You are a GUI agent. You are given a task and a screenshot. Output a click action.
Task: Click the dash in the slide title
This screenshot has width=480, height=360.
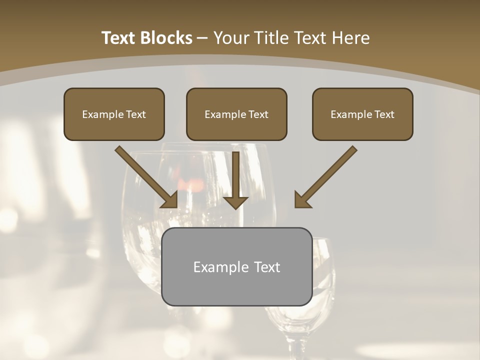(x=202, y=38)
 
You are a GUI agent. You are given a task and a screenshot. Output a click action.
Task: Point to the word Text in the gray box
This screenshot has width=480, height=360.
(x=267, y=267)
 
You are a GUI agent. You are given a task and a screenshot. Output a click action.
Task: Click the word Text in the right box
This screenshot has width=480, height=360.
(x=384, y=114)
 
